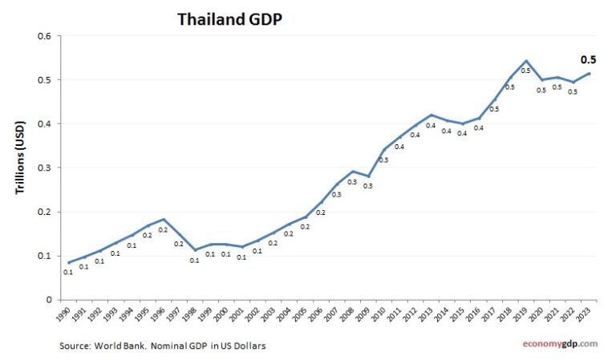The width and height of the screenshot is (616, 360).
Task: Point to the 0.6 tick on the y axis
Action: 45,36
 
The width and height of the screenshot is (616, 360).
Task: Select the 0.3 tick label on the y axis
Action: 45,168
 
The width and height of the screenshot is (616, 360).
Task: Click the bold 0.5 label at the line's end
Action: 589,60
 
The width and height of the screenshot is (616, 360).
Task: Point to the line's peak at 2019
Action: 526,61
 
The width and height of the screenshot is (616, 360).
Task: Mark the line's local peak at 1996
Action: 164,219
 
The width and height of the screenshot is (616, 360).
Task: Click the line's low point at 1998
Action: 195,250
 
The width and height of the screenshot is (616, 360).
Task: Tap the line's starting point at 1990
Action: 69,262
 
